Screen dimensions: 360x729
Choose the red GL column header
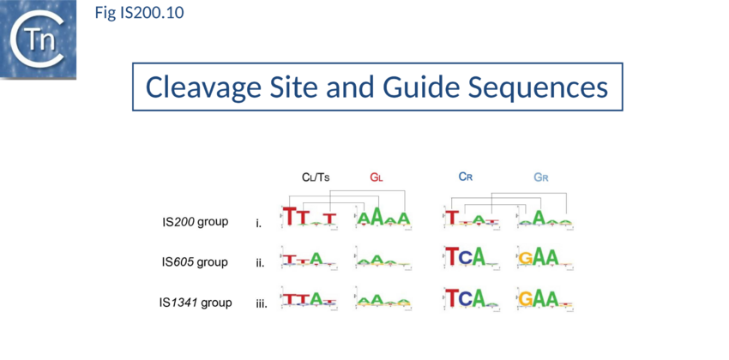(x=376, y=177)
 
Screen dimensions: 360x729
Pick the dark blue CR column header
(x=466, y=177)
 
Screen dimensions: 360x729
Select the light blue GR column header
(x=540, y=177)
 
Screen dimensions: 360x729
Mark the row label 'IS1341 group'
(x=196, y=302)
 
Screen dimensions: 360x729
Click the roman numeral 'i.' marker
(x=259, y=224)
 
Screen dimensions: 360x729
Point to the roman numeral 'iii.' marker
(x=262, y=303)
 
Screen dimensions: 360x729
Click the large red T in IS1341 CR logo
(x=452, y=297)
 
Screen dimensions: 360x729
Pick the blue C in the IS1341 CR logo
(x=467, y=297)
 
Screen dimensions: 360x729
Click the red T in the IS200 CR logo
(x=452, y=218)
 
